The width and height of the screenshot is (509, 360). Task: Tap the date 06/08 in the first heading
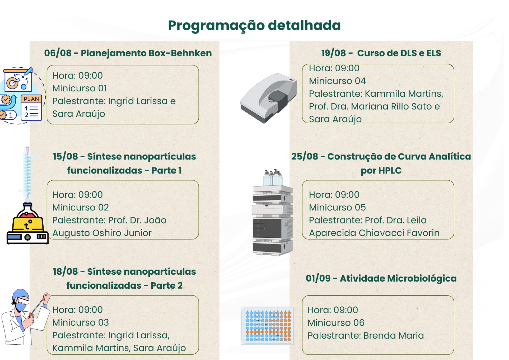pos(58,53)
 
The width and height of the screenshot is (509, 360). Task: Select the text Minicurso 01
pos(80,88)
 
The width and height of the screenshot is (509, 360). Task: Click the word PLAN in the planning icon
pos(31,99)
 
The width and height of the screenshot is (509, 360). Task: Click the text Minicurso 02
pos(81,208)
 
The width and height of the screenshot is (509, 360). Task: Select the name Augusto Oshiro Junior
pos(102,233)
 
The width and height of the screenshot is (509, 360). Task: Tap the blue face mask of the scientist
pos(21,306)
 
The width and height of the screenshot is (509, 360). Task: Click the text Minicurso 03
pos(81,322)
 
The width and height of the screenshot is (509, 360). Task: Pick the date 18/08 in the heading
pos(66,272)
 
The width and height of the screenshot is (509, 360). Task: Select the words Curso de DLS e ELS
pos(399,53)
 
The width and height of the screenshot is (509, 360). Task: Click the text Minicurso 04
pos(338,81)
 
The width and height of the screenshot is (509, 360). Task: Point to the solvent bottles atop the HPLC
pos(273,178)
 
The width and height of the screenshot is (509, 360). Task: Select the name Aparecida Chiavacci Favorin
pos(374,233)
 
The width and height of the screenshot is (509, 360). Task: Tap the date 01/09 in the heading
pos(318,279)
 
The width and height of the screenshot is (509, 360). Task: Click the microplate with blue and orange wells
pos(267,326)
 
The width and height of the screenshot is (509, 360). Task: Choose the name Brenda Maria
pos(394,335)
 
